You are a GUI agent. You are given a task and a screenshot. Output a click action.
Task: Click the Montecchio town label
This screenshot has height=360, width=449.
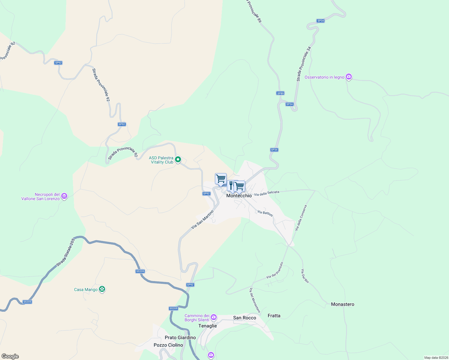[239, 196]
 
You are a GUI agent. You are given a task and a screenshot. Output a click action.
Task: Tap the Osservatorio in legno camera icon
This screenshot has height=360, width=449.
[348, 77]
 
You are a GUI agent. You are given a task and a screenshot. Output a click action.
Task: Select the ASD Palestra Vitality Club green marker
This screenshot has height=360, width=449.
[178, 160]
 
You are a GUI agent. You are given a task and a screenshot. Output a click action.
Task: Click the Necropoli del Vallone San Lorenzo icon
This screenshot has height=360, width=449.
[64, 196]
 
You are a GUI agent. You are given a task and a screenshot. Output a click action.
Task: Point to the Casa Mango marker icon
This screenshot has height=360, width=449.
[102, 289]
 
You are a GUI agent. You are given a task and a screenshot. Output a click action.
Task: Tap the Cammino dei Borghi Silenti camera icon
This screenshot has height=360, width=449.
[213, 317]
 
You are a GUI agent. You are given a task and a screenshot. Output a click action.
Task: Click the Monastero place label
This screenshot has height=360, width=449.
[342, 304]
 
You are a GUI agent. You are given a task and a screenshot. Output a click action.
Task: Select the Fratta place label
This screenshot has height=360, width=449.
[274, 316]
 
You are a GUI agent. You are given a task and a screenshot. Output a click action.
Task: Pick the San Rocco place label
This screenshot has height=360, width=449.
[245, 318]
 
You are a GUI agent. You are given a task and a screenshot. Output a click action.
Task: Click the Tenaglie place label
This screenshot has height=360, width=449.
[207, 326]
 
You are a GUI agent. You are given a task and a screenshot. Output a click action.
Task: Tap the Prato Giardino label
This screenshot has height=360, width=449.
[180, 337]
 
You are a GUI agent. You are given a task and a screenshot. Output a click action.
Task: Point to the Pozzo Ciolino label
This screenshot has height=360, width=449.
[168, 345]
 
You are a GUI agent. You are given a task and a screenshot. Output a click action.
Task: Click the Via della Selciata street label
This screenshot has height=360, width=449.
[267, 193]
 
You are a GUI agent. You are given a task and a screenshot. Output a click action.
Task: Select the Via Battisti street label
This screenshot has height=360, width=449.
[265, 213]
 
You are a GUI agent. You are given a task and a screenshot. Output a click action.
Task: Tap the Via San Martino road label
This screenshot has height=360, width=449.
[202, 220]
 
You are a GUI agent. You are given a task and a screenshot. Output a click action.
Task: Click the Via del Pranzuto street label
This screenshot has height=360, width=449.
[275, 270]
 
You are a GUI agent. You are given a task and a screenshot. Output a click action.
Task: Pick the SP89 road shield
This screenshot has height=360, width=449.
[280, 93]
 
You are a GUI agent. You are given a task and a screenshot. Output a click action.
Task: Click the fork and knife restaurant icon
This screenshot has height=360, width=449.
[231, 185]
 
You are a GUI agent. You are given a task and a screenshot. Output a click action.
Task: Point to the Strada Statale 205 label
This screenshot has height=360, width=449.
[66, 253]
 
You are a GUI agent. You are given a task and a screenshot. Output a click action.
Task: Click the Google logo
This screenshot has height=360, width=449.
[10, 356]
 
